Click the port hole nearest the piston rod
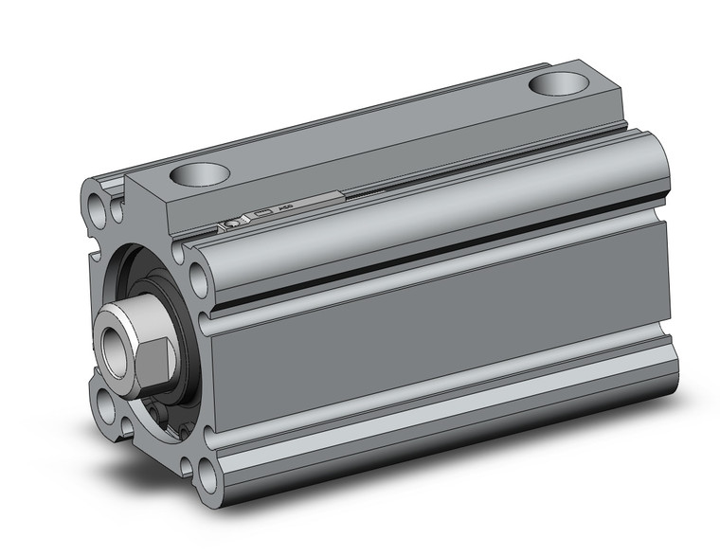tap(202, 175)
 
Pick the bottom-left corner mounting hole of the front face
tap(105, 414)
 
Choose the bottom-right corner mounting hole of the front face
tap(207, 471)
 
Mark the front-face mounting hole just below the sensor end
tap(200, 278)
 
